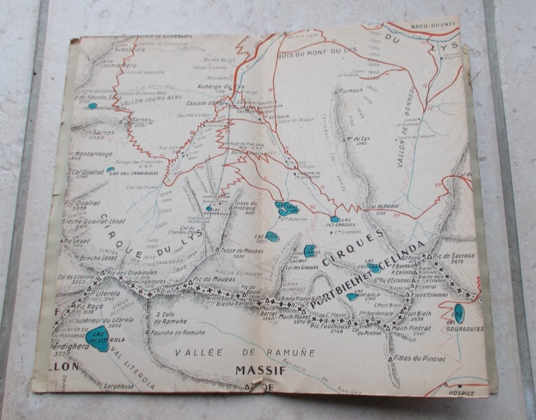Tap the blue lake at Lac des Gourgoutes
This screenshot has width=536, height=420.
[458, 313]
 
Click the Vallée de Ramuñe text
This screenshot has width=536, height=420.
[245, 352]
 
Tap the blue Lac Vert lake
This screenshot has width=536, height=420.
[287, 209]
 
